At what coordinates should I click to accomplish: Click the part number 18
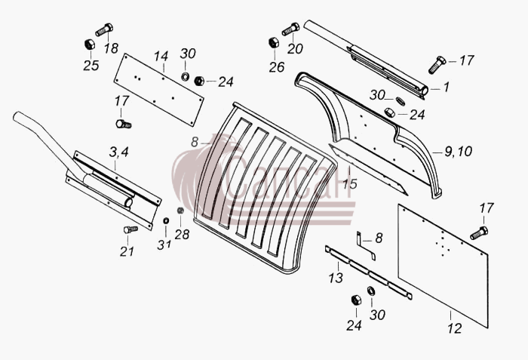point(111,48)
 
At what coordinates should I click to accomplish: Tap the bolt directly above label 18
point(104,29)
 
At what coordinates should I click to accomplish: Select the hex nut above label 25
point(89,45)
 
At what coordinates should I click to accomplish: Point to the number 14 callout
point(161,57)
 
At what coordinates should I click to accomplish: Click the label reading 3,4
point(119,152)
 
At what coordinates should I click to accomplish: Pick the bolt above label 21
point(130,229)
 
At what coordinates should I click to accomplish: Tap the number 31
point(164,245)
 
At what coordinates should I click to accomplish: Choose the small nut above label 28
point(180,211)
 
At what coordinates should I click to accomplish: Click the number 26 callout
point(277,67)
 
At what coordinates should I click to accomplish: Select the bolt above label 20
point(290,29)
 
